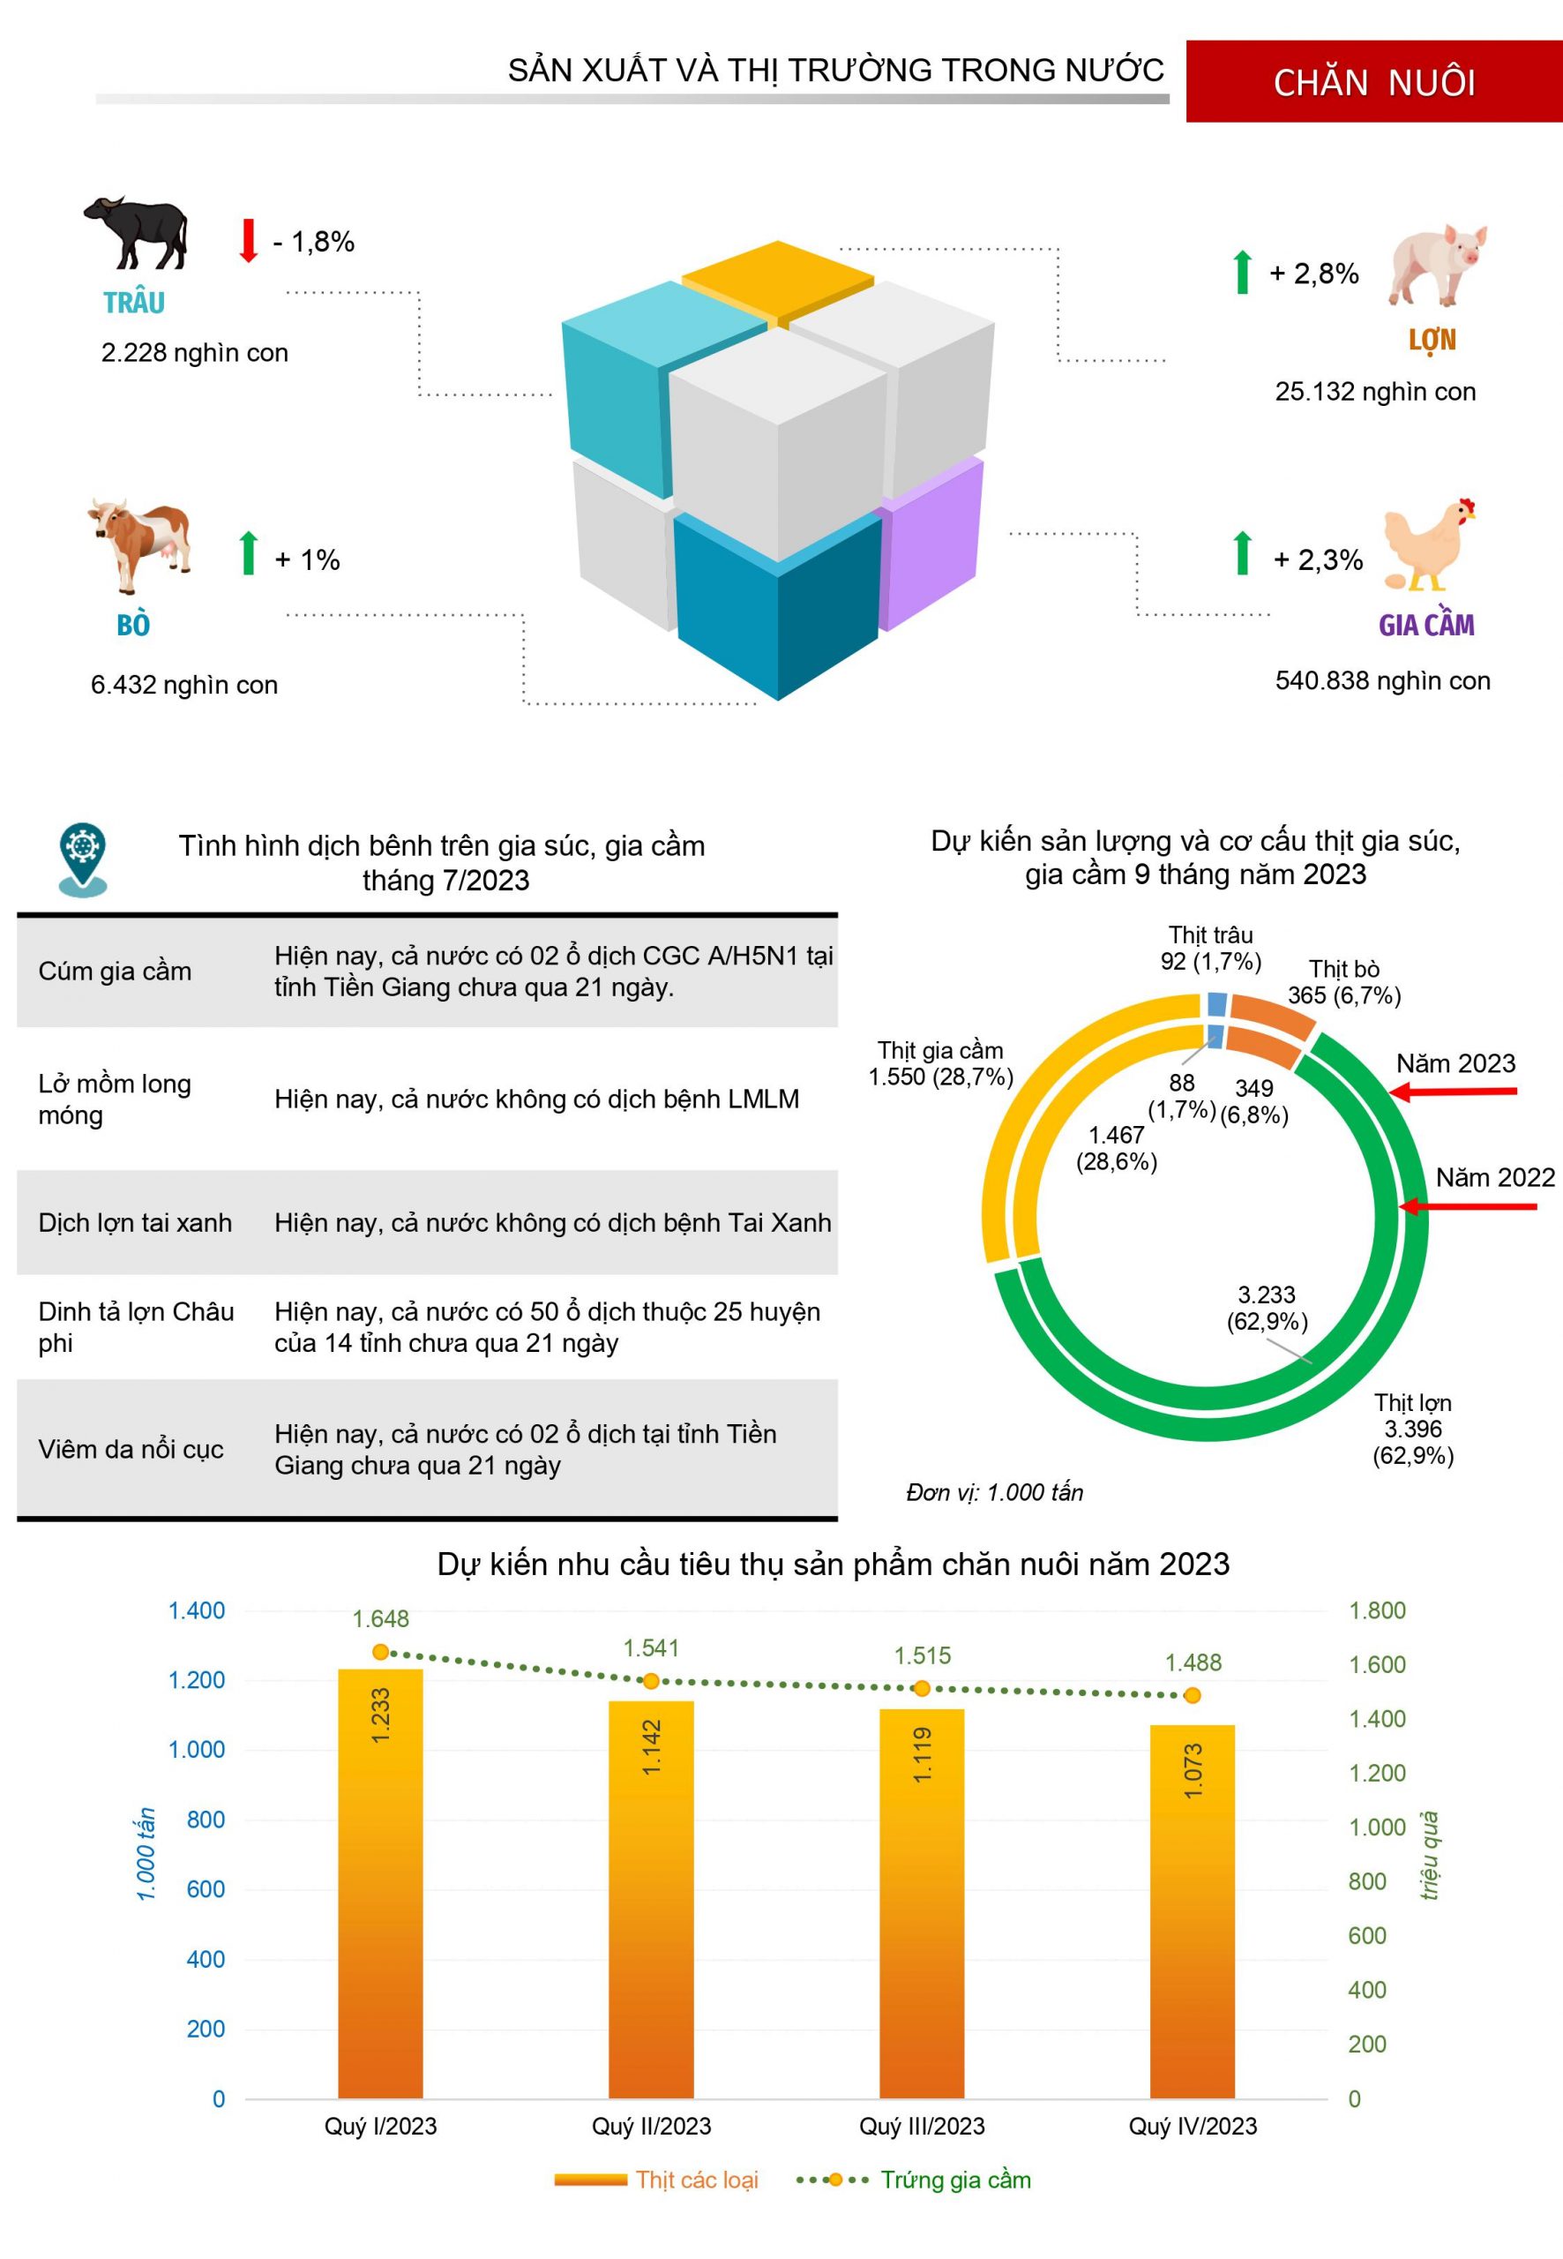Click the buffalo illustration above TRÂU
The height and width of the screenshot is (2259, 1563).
137,232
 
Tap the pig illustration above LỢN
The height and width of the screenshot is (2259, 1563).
1436,263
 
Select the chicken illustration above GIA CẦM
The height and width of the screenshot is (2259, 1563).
1428,544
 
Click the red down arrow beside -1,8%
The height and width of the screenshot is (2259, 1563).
249,240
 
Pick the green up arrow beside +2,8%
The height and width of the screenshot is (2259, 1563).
1243,273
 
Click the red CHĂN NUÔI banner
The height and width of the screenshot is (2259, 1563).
1373,81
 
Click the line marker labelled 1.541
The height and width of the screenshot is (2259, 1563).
651,1681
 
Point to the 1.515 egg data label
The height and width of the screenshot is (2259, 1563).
922,1655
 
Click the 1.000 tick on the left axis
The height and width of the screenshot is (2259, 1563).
197,1750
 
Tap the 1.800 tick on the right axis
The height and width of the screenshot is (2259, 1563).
1377,1610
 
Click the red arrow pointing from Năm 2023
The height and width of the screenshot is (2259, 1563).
1455,1092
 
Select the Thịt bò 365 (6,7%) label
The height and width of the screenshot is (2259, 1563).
1343,981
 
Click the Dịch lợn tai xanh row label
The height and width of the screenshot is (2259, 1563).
135,1222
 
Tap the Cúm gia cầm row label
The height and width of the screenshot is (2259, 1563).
115,971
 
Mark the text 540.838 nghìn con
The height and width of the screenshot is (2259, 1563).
1382,681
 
